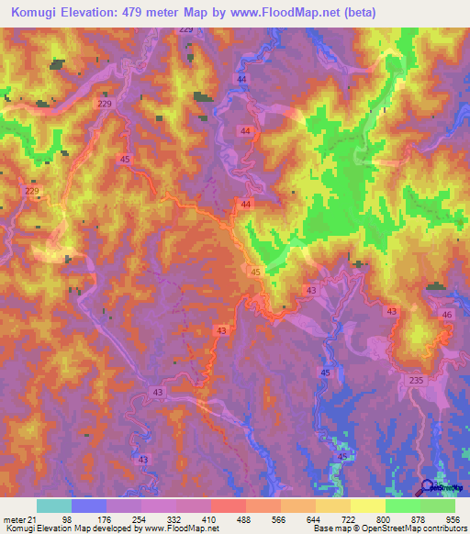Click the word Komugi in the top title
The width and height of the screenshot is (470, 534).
pyautogui.click(x=38, y=13)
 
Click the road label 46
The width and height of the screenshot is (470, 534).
pyautogui.click(x=447, y=315)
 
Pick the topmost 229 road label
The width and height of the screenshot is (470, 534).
pyautogui.click(x=187, y=29)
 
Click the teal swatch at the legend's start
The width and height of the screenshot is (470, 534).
pyautogui.click(x=54, y=506)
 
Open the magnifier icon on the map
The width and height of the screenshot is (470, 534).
pyautogui.click(x=428, y=487)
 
